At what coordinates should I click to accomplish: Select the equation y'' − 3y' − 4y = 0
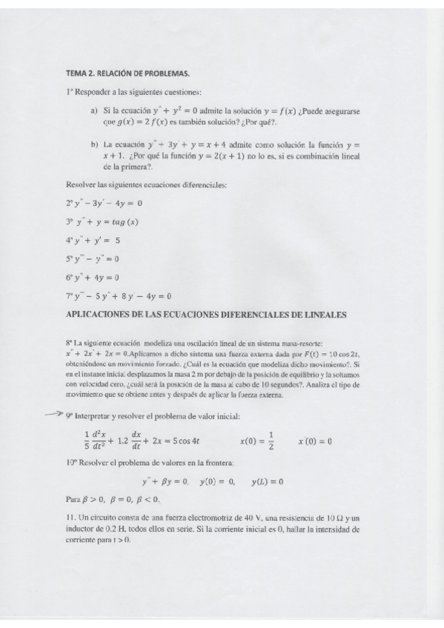(104, 202)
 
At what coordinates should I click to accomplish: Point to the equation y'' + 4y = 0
(93, 278)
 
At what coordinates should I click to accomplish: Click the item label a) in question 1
(94, 110)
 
